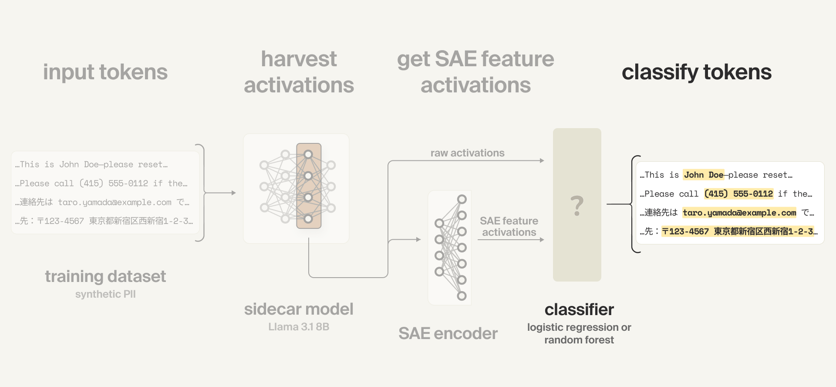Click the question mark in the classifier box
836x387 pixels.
(577, 206)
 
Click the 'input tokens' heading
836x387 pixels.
(105, 72)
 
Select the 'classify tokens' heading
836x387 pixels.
(696, 72)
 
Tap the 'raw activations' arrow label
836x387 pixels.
(467, 153)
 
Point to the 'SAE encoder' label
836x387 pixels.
(448, 333)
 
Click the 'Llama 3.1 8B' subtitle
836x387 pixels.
(299, 327)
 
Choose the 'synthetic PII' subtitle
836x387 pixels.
(105, 294)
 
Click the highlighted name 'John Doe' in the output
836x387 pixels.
(703, 175)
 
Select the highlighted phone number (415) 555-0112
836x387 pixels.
(738, 193)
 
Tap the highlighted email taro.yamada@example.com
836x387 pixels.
(739, 213)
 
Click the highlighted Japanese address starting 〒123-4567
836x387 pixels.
(739, 231)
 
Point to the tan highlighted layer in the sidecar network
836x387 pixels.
(309, 186)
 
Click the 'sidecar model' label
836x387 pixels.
(299, 309)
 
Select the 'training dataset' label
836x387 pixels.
(105, 276)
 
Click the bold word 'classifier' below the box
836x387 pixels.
(579, 309)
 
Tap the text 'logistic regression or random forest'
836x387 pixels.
(579, 333)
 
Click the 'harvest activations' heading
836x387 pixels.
(299, 72)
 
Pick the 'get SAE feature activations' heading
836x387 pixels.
(475, 72)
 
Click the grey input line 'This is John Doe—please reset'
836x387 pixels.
(91, 164)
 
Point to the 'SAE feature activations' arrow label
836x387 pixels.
(509, 227)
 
